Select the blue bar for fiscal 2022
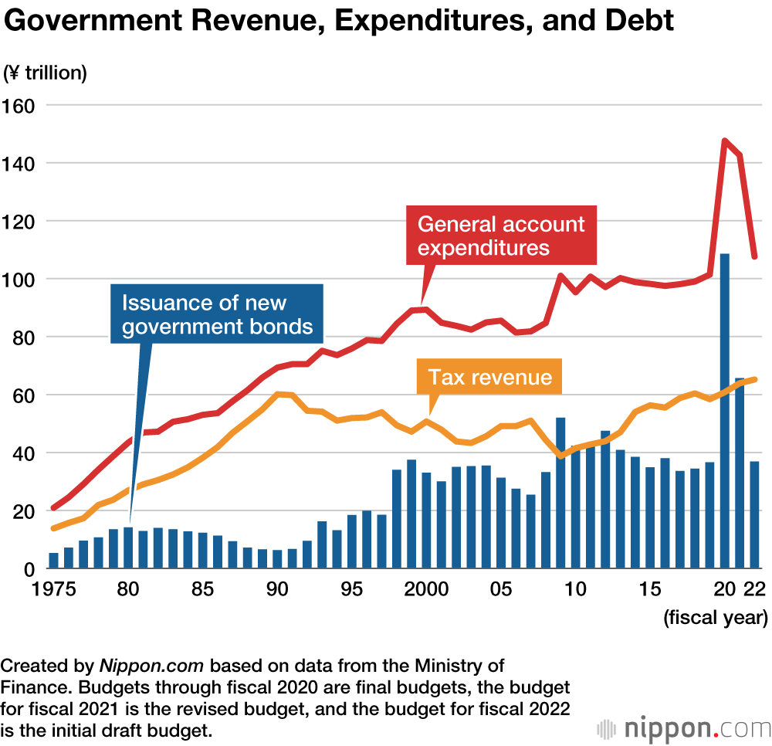click(x=754, y=514)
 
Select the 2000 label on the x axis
click(x=426, y=590)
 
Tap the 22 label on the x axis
click(x=754, y=590)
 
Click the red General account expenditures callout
click(x=501, y=236)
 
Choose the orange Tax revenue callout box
click(x=490, y=377)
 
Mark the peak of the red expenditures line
click(x=725, y=141)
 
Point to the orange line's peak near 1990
click(x=278, y=394)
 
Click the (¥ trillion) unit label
click(x=46, y=73)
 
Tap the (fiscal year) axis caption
click(x=715, y=617)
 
